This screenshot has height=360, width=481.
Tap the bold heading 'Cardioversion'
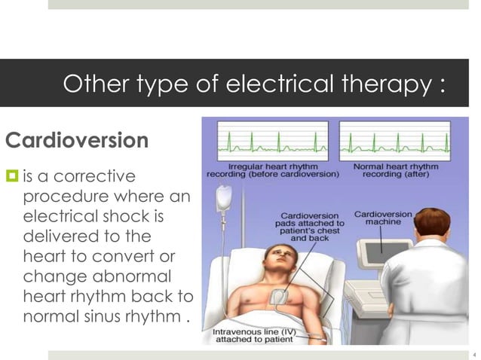click(76, 141)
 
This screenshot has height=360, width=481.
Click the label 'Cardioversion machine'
click(383, 218)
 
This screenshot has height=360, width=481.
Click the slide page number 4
click(474, 352)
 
